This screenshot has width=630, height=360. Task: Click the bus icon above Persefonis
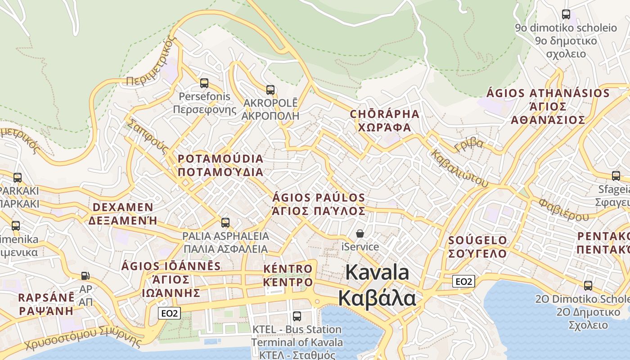point(204,83)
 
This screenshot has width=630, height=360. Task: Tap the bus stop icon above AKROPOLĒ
point(270,90)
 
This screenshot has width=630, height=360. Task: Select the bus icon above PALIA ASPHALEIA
point(225,222)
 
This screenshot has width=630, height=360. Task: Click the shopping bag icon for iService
point(360,233)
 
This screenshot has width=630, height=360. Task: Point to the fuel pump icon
point(85,275)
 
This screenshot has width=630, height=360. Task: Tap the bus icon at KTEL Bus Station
point(297,316)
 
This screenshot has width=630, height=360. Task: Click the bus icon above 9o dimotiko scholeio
point(566,14)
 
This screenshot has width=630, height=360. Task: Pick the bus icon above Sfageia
point(616,175)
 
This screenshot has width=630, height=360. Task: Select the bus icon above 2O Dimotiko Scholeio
point(588,285)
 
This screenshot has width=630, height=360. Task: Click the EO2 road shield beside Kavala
point(463,282)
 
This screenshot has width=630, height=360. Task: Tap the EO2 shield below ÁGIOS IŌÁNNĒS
point(169,313)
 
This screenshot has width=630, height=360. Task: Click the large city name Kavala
point(377,273)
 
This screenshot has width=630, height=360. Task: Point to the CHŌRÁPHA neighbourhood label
point(384,114)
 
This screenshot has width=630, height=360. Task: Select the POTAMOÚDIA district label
point(220,159)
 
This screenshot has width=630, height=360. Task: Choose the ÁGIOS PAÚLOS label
point(319,198)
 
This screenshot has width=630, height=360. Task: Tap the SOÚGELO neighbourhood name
point(477,240)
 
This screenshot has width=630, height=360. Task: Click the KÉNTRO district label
point(288,269)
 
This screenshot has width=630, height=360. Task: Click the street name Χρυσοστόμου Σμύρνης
point(83,338)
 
